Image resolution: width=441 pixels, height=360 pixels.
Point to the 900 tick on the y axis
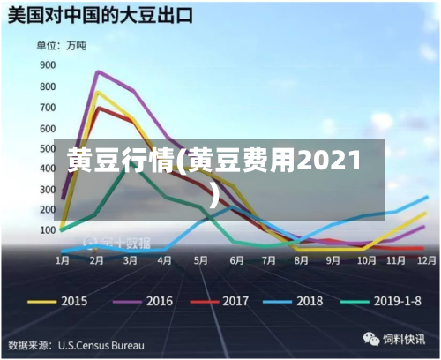[47, 64]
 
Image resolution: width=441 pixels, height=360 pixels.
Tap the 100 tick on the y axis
[47, 229]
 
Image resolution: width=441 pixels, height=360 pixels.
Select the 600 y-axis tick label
[47, 126]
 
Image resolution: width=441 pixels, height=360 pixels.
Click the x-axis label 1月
[64, 261]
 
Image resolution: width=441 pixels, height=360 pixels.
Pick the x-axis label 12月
[426, 261]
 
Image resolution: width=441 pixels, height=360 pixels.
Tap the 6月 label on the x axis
[235, 261]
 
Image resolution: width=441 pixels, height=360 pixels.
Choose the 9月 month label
[333, 261]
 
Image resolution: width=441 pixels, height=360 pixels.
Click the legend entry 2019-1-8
[388, 301]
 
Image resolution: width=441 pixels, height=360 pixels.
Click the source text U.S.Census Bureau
[101, 344]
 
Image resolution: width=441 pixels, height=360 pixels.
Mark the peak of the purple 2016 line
[97, 71]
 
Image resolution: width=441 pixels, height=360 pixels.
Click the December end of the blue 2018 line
[427, 197]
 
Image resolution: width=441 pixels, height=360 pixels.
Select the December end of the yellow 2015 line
[425, 214]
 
